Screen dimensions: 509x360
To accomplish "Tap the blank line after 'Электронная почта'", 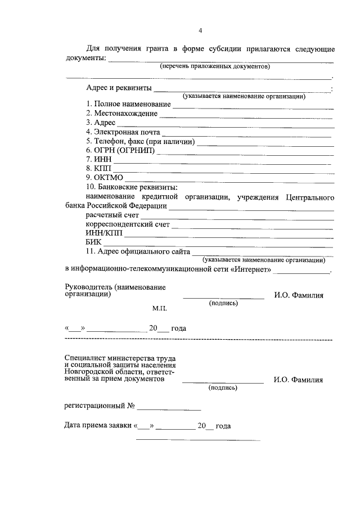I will click(x=247, y=135).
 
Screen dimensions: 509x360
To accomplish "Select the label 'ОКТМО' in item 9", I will click(x=108, y=178).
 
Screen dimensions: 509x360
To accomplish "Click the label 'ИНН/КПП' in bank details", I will click(x=103, y=233).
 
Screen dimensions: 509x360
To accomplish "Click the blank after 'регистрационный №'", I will click(x=169, y=408).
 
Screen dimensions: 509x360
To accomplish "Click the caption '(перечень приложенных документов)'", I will click(x=215, y=66).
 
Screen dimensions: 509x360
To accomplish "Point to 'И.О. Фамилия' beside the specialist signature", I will click(x=298, y=380).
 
